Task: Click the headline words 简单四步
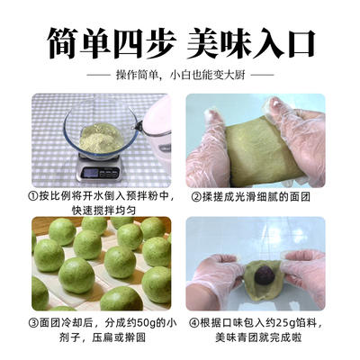coord(100,40)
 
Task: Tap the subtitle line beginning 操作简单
coord(180,75)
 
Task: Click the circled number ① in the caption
coord(33,194)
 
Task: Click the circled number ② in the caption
coord(193,194)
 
